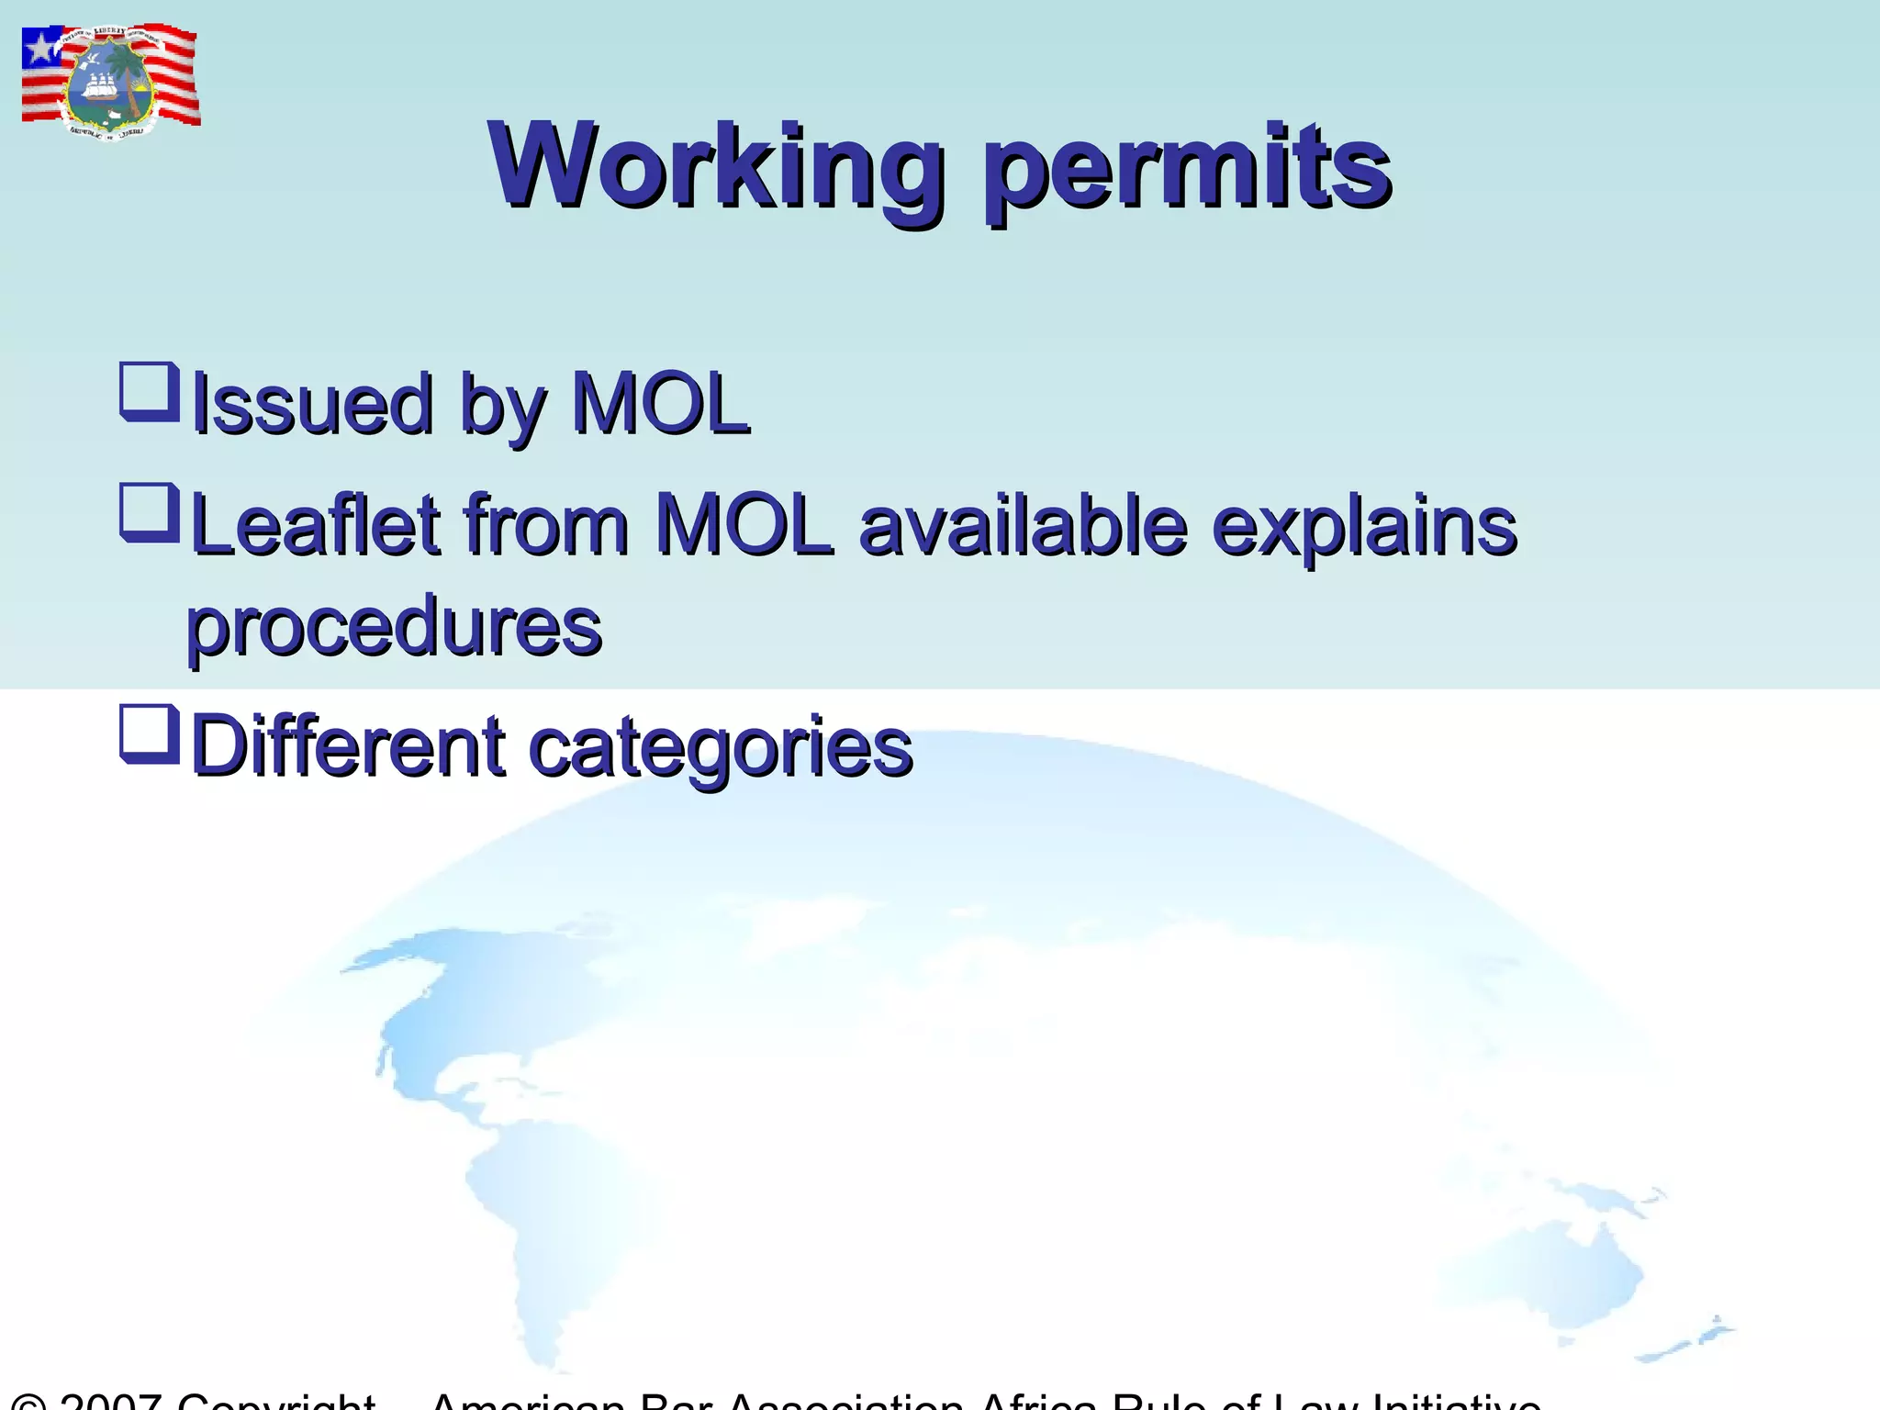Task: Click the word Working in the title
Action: [x=716, y=167]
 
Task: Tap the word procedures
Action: [x=394, y=628]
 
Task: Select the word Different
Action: [x=348, y=745]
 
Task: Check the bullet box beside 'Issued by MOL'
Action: [x=149, y=391]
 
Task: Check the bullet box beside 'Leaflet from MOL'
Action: [x=149, y=512]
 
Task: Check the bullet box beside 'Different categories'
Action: [x=149, y=733]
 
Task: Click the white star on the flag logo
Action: [x=40, y=48]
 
